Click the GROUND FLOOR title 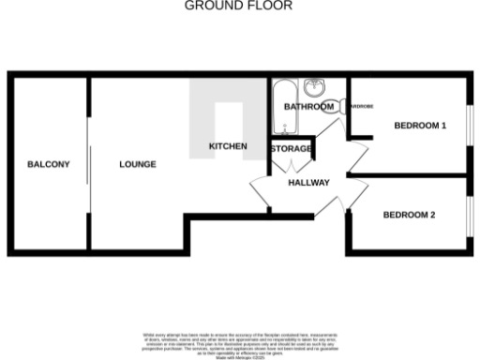pos(238,6)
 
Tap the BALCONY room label pos(48,164)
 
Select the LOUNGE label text pos(138,164)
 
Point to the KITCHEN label pos(228,146)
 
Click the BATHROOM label pos(308,107)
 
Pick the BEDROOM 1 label pos(419,125)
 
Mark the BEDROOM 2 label pos(409,215)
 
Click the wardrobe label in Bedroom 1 pos(360,106)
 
